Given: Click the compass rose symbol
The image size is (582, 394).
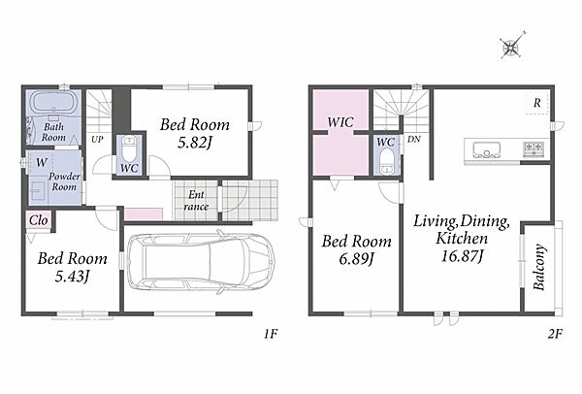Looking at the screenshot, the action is point(512,47).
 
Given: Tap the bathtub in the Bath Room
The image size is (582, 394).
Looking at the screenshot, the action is point(53,103).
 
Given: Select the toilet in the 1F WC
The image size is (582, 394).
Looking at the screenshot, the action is point(129,148).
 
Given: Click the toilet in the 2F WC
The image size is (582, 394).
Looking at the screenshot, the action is point(387,161).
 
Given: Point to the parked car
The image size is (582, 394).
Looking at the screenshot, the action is point(201,262).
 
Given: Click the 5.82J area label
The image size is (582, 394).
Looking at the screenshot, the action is point(194,143).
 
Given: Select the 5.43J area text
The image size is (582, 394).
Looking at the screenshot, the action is point(72,276).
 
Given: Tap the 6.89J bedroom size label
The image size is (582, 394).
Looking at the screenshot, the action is point(356,259).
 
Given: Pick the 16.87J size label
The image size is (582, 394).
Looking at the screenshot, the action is point(462,256).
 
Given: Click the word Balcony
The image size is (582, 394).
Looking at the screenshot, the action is point(538,267).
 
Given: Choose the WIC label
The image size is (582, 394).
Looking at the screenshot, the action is point(340,122).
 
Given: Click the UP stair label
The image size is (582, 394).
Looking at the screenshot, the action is point(97,140).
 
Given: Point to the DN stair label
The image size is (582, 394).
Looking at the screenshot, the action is point(414,139).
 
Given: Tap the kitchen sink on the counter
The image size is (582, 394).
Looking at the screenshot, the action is point(486,150).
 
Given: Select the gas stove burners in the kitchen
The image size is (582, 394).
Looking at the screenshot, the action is point(533,148).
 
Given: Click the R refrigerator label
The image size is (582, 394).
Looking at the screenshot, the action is point(536,103).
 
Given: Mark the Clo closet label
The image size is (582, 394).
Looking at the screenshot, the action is point(38,220).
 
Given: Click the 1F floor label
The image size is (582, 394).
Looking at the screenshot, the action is point(271,334).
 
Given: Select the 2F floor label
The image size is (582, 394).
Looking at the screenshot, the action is point(555,334).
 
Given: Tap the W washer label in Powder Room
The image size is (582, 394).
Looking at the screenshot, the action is point(42,162).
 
